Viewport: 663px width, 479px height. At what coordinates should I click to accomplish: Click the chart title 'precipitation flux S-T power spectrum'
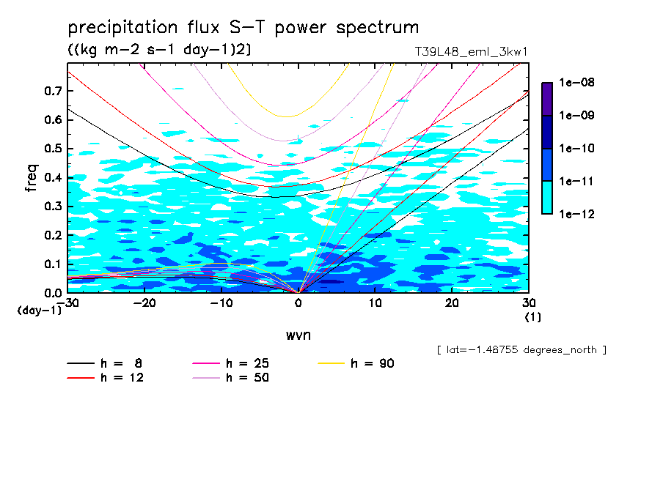[243, 28]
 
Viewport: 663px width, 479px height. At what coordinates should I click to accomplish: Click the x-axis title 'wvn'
[298, 335]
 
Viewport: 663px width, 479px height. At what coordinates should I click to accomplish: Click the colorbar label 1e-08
[577, 83]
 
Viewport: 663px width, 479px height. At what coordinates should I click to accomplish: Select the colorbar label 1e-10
[577, 149]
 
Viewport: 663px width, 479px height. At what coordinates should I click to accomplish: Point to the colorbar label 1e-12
[577, 215]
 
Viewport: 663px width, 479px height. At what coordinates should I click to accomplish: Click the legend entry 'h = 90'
[373, 363]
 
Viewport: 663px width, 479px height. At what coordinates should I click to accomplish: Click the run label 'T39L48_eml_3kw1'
[471, 52]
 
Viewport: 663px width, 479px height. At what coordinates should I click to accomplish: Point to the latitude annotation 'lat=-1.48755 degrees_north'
[521, 349]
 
